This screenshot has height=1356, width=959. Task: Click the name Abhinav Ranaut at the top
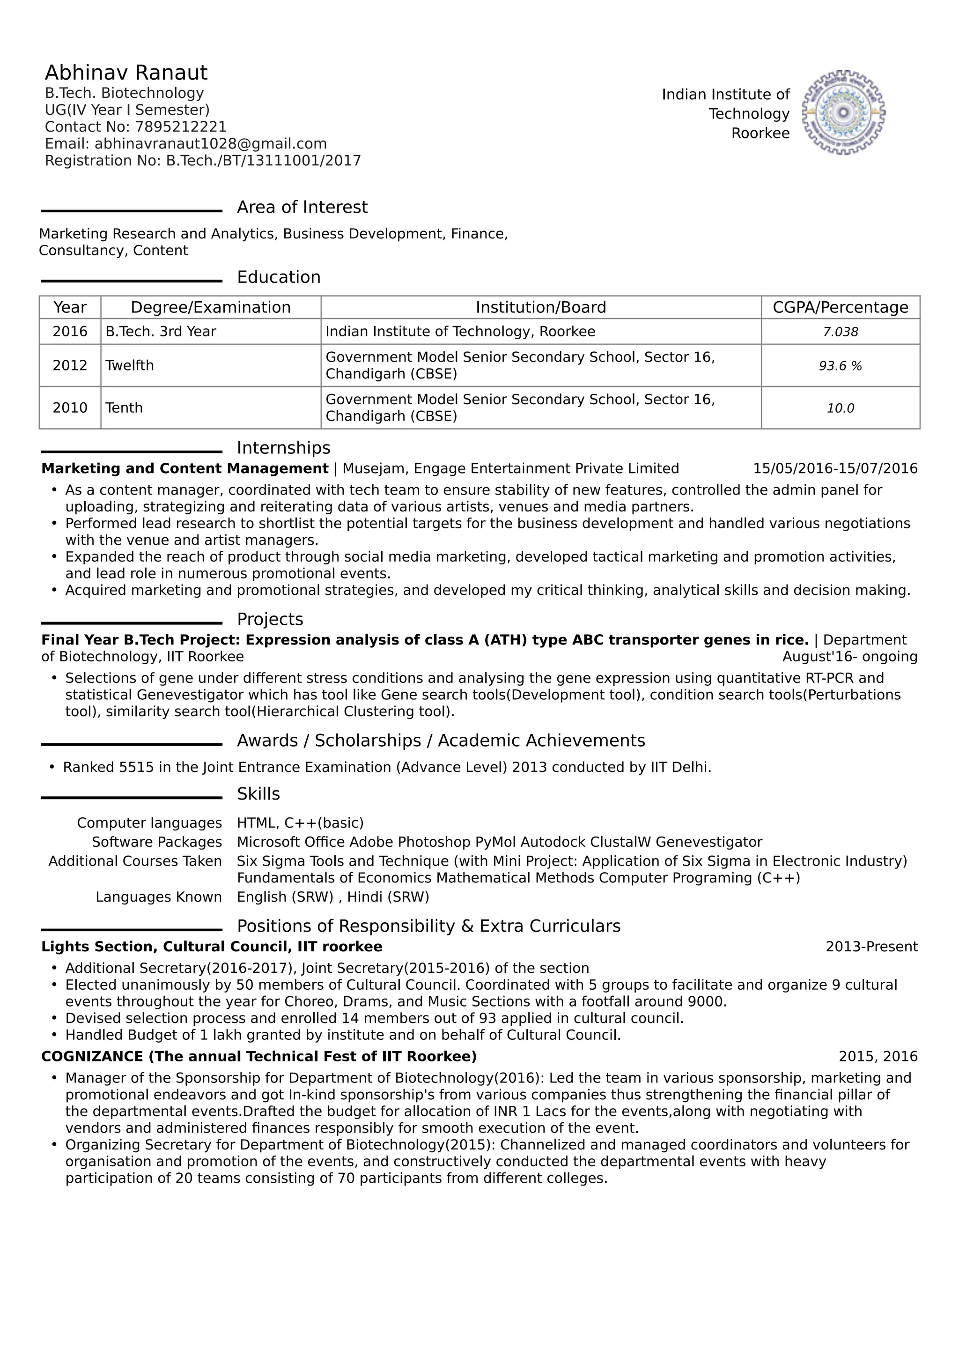coord(126,73)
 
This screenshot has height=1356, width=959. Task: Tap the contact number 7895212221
coord(181,127)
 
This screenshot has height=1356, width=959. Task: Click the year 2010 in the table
coord(70,408)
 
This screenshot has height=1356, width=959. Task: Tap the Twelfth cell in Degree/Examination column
coord(129,365)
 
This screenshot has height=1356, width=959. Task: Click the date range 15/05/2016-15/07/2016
coord(835,469)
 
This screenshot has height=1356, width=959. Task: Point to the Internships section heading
coord(283,448)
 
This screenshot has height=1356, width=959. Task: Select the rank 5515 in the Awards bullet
coord(136,767)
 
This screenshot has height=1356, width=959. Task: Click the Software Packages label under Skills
coord(156,842)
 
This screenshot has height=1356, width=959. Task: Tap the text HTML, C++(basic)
coord(300,822)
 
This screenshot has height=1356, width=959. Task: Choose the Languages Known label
coord(158,897)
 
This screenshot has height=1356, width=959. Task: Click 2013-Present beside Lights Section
coord(871,947)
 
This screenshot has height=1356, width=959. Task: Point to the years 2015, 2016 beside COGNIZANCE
coord(878,1057)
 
